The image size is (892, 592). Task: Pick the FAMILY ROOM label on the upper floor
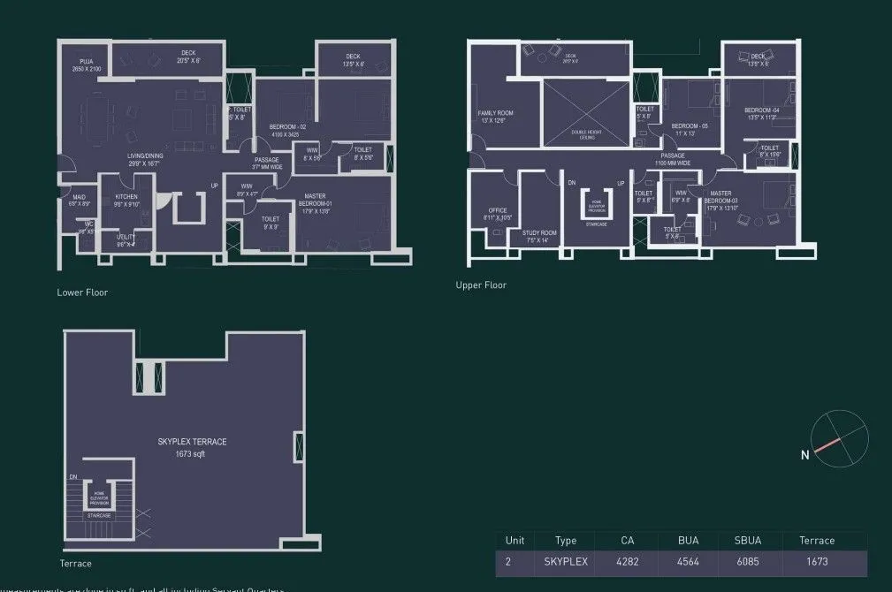496,114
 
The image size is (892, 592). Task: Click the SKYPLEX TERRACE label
192,441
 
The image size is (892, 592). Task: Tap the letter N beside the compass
805,456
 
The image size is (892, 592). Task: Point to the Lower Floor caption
82,292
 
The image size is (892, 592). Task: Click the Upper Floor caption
481,285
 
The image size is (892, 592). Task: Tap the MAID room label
80,197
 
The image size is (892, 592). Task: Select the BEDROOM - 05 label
690,127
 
